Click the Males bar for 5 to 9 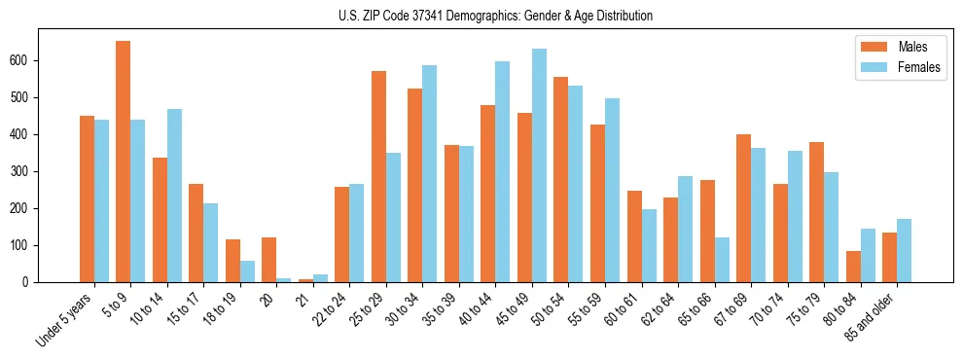[x=124, y=162]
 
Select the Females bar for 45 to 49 [x=539, y=165]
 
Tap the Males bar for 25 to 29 [x=378, y=176]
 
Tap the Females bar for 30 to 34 [x=430, y=174]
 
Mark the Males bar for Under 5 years [x=87, y=199]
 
